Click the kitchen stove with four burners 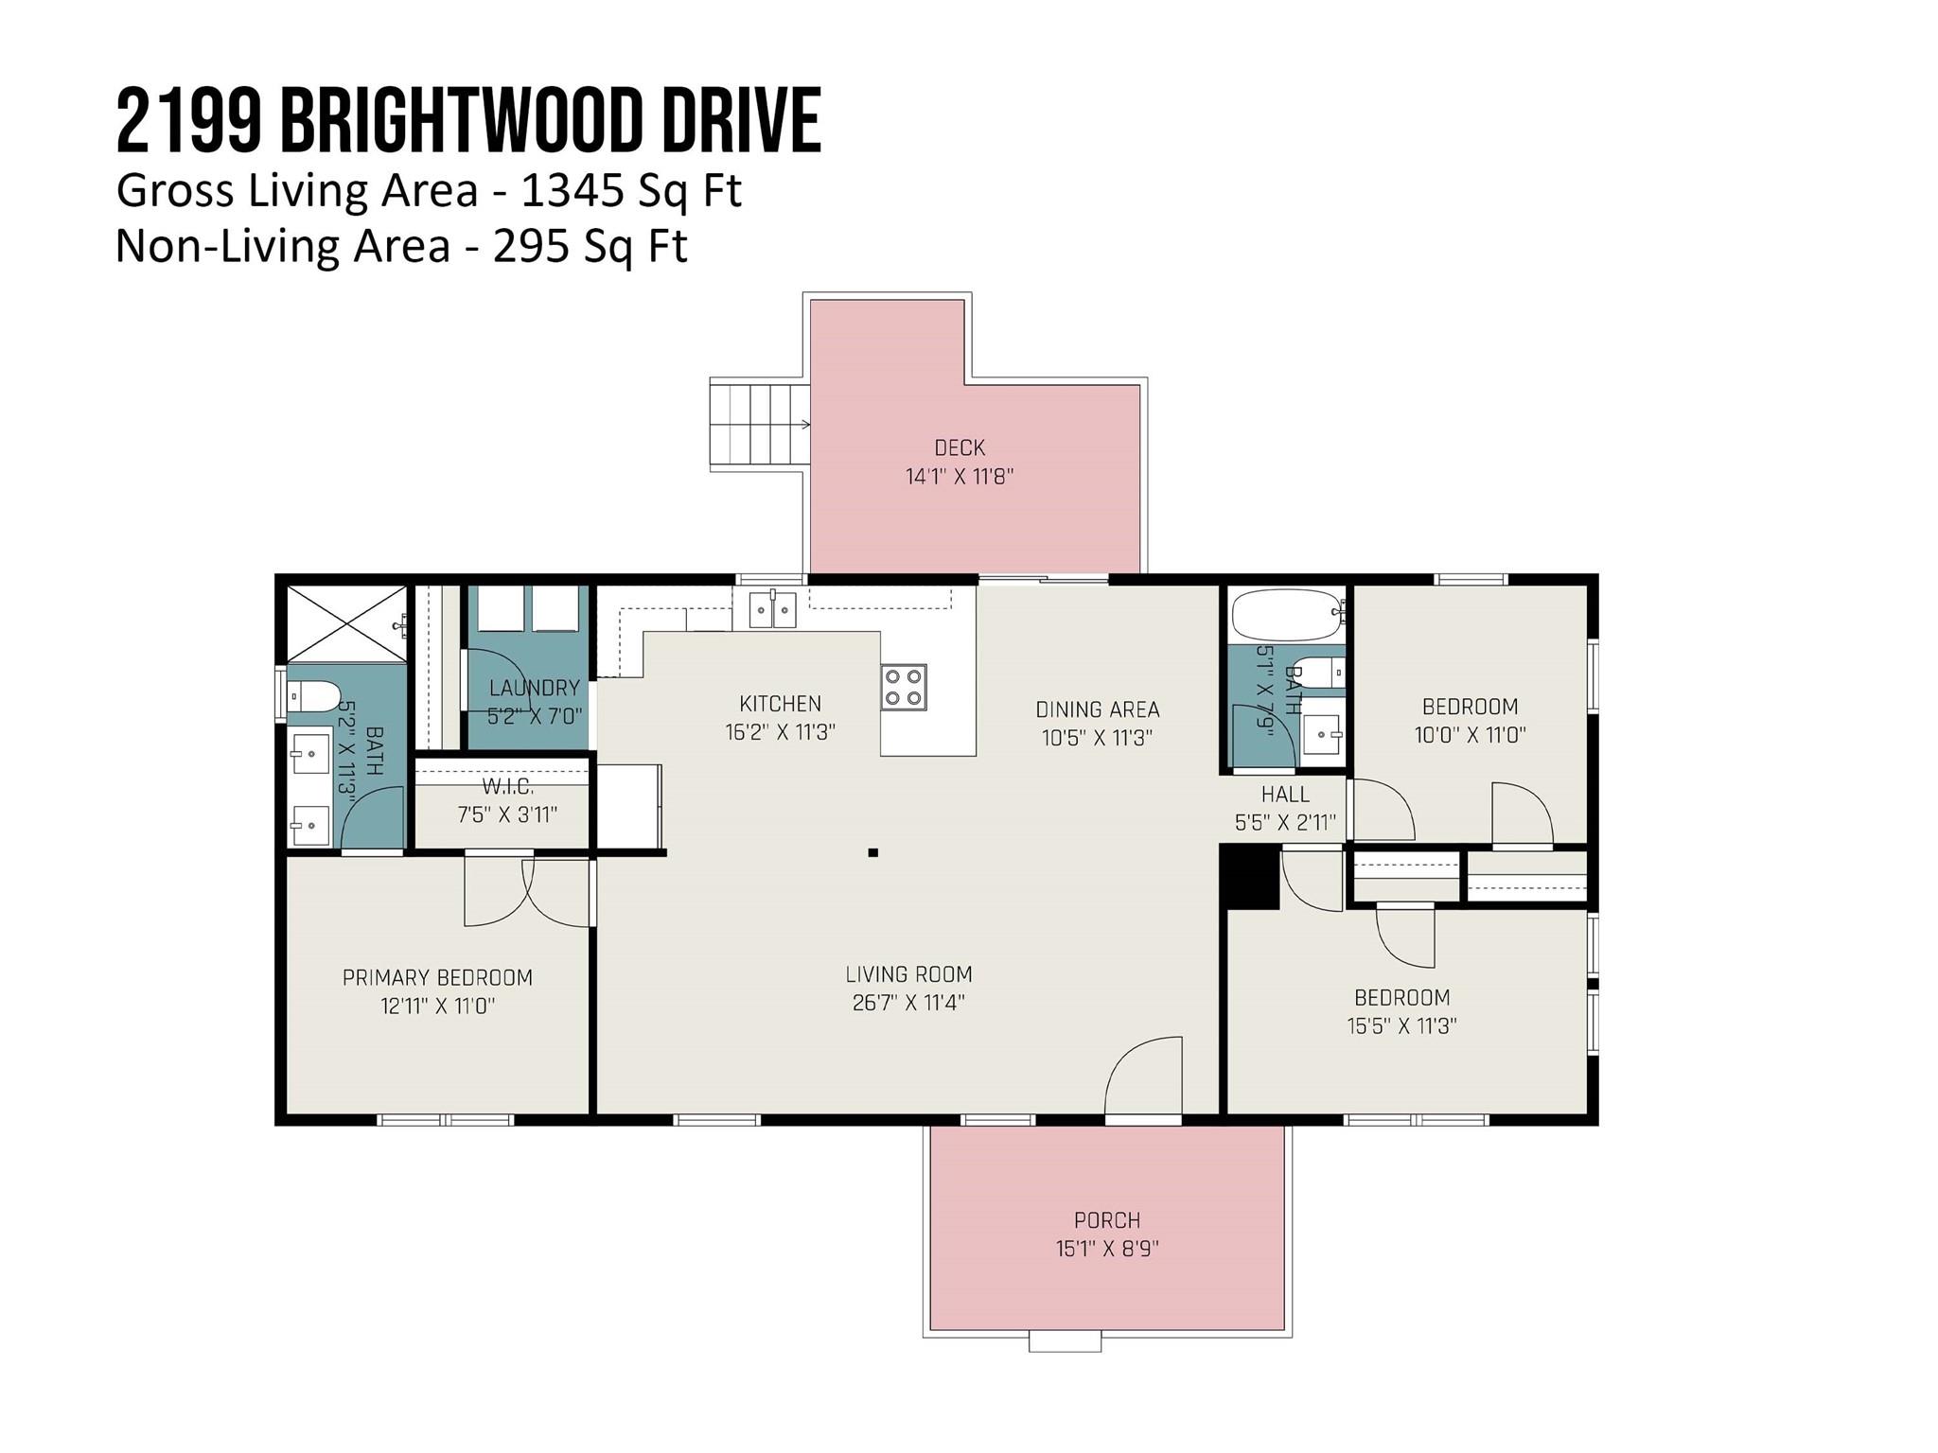903,687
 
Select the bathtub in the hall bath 1286,614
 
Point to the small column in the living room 872,852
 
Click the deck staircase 759,423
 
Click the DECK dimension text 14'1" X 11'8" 959,476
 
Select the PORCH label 1106,1219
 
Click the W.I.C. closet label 507,787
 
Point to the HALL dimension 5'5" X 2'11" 1284,823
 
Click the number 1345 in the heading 573,190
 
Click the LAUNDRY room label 534,688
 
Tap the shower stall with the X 345,623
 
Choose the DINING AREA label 1097,709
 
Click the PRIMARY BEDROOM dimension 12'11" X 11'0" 437,1006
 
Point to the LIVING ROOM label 908,973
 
